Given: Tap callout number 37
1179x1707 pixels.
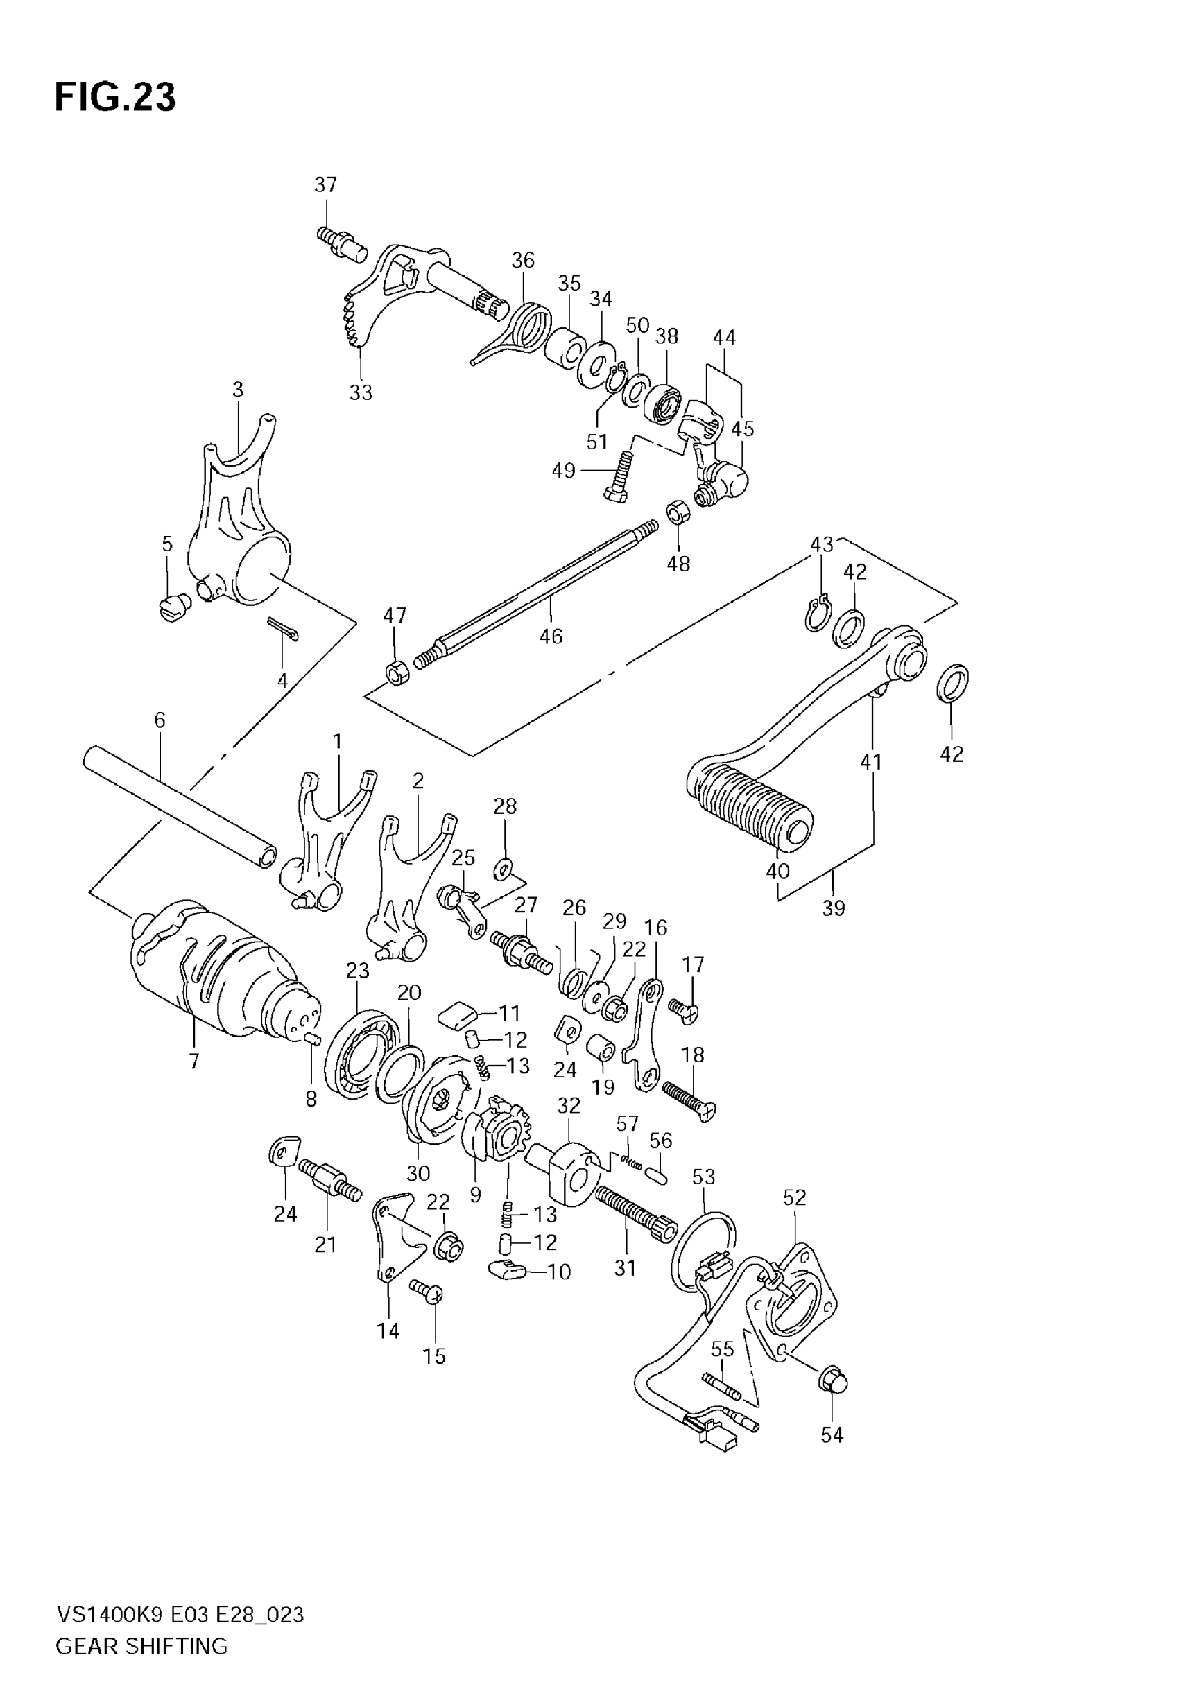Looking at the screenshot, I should pos(325,184).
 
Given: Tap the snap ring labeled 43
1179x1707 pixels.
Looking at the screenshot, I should pos(818,613).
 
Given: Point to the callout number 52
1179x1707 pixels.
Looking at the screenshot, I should pos(794,1197).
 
